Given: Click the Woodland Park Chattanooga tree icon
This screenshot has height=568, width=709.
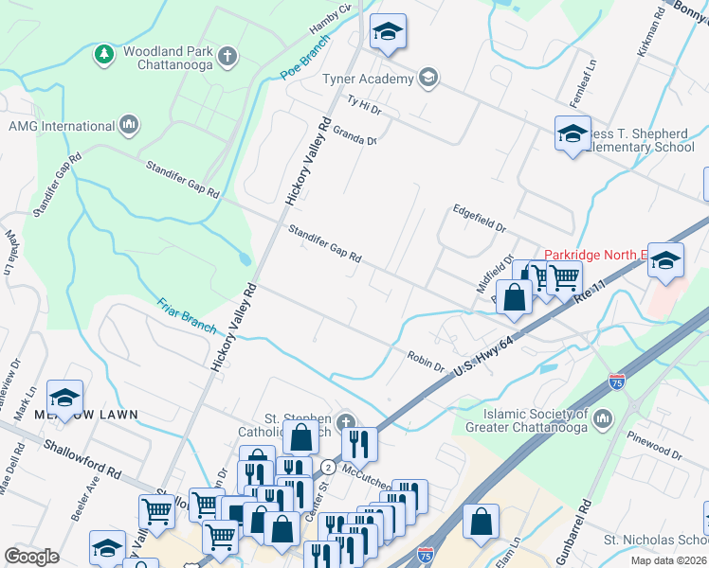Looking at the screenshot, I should click(x=103, y=55).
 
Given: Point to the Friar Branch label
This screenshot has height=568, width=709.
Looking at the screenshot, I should click(x=188, y=316).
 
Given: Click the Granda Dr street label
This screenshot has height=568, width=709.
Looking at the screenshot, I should click(x=354, y=134).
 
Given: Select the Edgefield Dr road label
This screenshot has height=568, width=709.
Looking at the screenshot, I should click(x=480, y=222).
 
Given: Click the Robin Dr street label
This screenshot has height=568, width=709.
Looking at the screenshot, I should click(x=427, y=359).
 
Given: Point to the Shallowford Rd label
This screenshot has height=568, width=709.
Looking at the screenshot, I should click(x=82, y=457).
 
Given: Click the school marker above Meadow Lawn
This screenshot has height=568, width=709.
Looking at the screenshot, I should click(x=65, y=398).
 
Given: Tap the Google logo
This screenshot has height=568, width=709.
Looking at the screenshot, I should click(x=31, y=556).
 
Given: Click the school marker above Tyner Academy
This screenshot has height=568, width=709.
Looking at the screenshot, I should click(x=388, y=32).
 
